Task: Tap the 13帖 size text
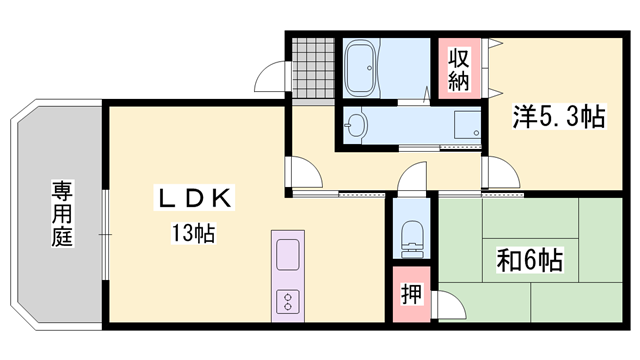191,235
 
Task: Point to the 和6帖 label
529,262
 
